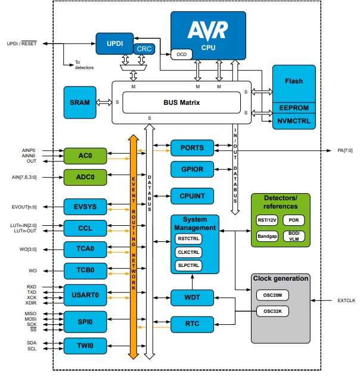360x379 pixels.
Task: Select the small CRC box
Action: click(144, 49)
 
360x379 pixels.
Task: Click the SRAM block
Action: click(79, 102)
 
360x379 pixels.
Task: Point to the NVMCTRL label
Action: click(294, 120)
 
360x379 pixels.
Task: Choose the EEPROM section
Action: click(294, 108)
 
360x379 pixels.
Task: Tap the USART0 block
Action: click(85, 294)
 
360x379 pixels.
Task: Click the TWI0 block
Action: click(85, 345)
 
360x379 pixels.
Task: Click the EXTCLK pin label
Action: click(346, 301)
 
